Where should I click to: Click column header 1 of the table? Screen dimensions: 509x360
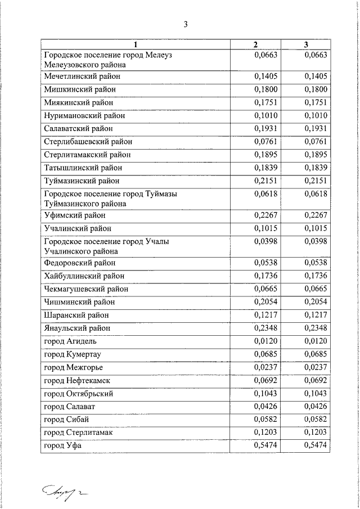coord(136,44)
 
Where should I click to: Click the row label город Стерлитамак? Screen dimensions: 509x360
coord(78,433)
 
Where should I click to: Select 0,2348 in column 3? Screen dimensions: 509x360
coord(316,328)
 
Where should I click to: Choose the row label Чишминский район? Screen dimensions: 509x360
coord(79,302)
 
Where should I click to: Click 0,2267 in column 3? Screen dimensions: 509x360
coord(316,215)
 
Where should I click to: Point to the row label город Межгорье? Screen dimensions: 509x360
coord(73,368)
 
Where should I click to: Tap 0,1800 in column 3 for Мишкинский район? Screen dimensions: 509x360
coord(316,89)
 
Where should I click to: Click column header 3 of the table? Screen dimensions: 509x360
coord(306,44)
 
